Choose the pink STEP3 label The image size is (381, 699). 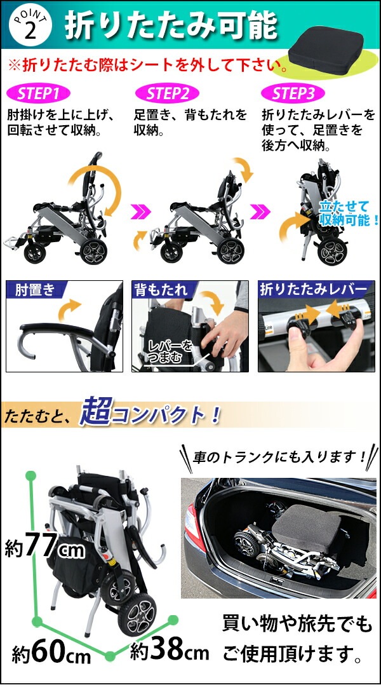coord(293,94)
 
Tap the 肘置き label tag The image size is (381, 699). coord(31,290)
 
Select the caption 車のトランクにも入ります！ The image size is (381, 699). coord(279,457)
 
